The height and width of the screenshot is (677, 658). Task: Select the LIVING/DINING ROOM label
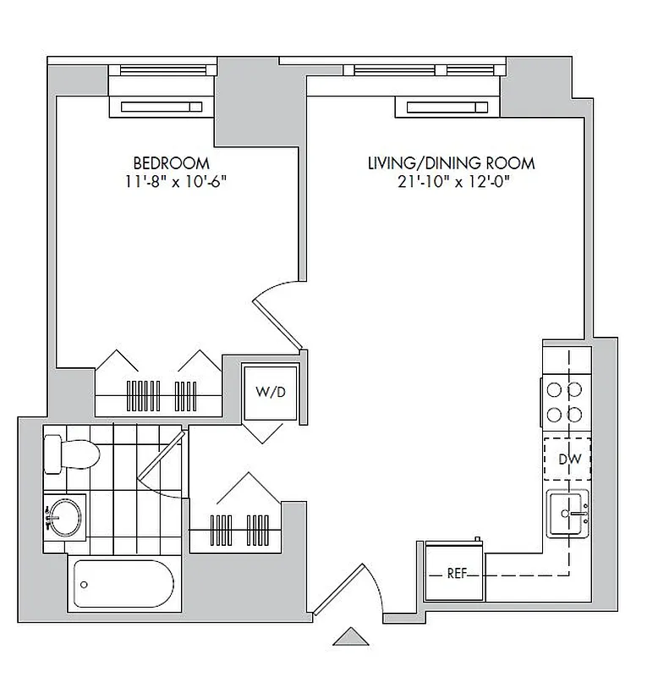[x=451, y=162]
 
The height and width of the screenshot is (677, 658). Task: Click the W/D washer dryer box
[x=270, y=393]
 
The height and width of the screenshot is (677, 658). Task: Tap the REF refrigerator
[x=455, y=573]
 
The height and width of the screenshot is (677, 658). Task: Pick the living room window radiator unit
[x=448, y=107]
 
